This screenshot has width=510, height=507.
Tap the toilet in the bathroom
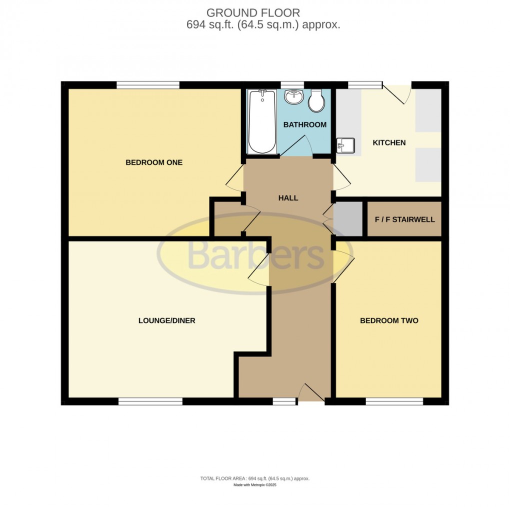(x=316, y=101)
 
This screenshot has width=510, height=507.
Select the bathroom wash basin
(x=293, y=97)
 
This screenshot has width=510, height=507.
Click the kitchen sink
(x=345, y=145)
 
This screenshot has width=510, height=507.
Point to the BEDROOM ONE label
(x=147, y=162)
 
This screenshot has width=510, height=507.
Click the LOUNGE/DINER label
(x=166, y=320)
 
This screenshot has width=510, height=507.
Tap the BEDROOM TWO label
(x=389, y=320)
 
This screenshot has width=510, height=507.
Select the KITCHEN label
(x=389, y=143)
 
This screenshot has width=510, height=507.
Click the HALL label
(x=288, y=198)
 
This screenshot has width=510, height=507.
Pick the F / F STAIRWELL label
(x=404, y=219)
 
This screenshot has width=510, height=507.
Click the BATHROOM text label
(x=304, y=124)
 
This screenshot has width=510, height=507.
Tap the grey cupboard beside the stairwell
(x=348, y=219)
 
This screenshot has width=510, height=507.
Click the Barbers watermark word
(x=255, y=255)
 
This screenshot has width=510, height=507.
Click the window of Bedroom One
(x=148, y=85)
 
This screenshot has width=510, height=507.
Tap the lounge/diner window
(x=150, y=401)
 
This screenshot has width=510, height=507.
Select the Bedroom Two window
(x=394, y=401)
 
